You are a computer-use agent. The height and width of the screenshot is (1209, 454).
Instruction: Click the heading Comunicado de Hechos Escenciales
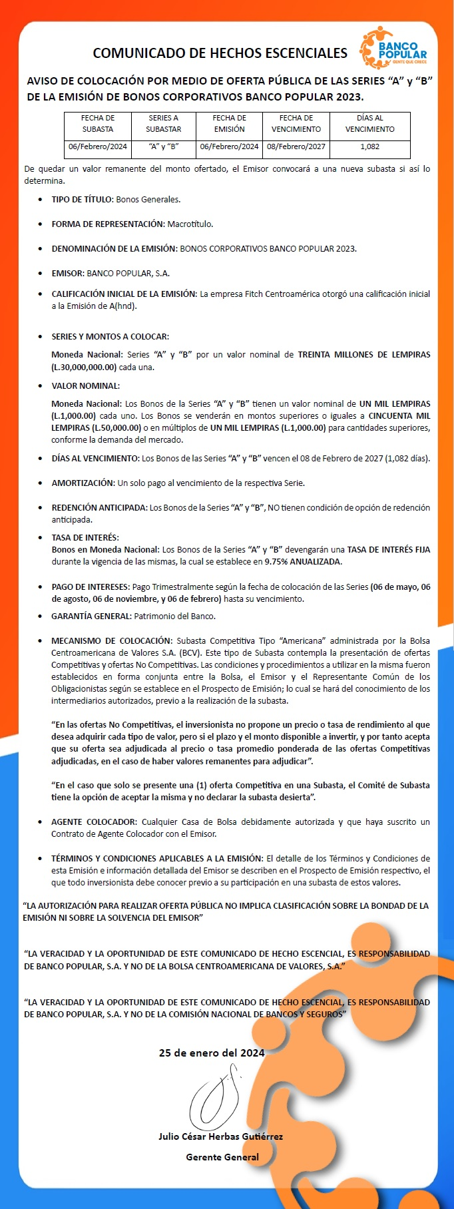coord(220,53)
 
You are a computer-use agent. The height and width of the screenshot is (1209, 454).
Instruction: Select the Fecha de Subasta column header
coord(98,124)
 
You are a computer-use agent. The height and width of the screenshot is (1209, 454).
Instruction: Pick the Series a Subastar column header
coord(164,124)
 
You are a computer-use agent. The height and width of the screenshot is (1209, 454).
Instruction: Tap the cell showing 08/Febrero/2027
coord(296,146)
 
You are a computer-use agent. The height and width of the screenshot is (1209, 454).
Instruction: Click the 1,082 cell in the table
coord(369,146)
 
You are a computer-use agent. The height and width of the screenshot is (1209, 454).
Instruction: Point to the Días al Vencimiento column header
coord(369,124)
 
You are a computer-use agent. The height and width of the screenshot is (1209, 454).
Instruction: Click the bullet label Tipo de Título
coord(83,199)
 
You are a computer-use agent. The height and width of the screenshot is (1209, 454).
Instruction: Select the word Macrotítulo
coord(190,224)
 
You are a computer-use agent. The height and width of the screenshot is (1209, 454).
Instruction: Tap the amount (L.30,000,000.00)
coord(84,367)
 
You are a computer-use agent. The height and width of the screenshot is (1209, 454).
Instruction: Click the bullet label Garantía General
coord(91,616)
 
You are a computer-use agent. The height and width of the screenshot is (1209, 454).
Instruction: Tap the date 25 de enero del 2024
coord(212,1053)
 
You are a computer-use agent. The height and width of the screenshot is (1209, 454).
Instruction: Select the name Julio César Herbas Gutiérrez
coord(220,1136)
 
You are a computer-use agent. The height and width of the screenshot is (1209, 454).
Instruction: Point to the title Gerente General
coord(222,1157)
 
